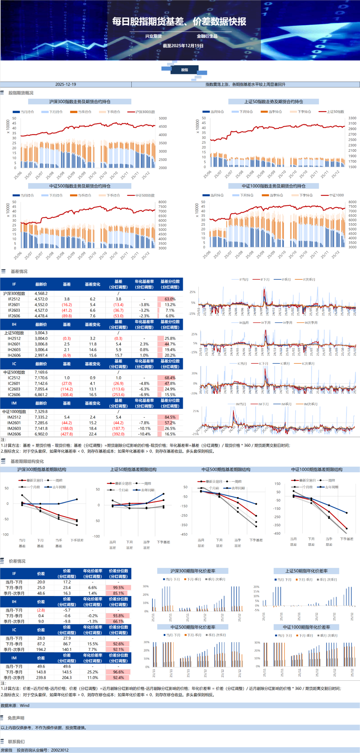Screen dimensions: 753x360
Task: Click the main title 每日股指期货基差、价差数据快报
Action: click(x=179, y=22)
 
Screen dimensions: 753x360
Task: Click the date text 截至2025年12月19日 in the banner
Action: click(x=183, y=46)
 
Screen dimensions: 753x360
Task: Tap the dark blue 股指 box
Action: click(x=184, y=70)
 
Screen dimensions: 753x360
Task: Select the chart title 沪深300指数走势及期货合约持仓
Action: click(x=80, y=102)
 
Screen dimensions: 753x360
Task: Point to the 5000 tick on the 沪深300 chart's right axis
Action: click(x=163, y=118)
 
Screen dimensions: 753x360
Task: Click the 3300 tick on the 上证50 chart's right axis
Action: click(x=352, y=118)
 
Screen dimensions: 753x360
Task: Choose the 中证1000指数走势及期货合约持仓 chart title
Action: click(x=273, y=186)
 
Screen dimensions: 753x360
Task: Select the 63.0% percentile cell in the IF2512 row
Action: click(x=170, y=299)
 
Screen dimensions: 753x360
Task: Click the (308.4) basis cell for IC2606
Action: click(x=67, y=395)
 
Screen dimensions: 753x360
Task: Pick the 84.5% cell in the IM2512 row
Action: click(x=170, y=417)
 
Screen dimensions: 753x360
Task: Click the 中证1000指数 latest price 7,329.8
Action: click(x=41, y=412)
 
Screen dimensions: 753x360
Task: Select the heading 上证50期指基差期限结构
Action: click(x=133, y=469)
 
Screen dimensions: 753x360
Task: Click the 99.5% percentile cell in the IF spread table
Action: click(x=118, y=588)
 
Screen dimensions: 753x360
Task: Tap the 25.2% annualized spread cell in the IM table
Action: click(x=93, y=672)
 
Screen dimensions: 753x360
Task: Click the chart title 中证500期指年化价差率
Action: click(x=193, y=627)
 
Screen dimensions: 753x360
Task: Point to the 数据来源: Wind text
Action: click(x=15, y=705)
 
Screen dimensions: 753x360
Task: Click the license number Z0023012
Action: click(x=60, y=750)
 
